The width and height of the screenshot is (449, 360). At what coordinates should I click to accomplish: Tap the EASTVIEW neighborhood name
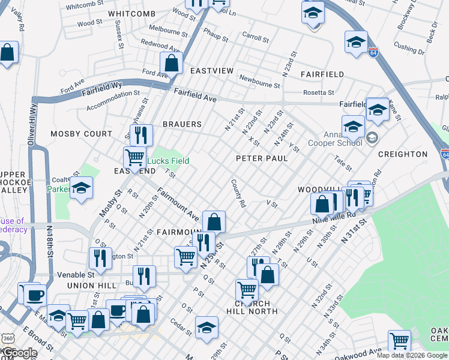click(x=211, y=71)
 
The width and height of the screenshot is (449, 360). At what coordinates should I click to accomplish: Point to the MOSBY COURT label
click(x=81, y=134)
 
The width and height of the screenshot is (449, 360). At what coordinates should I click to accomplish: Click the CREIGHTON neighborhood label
click(x=403, y=154)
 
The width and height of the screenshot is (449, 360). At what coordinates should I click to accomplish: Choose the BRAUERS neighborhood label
click(x=182, y=124)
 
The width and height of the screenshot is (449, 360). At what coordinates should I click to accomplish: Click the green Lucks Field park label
click(x=169, y=161)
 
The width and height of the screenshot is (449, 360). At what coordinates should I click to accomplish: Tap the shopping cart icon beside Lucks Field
click(x=134, y=158)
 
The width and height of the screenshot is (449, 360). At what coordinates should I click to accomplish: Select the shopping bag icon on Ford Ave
click(x=171, y=62)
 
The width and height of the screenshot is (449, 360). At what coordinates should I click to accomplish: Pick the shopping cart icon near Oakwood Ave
click(x=399, y=341)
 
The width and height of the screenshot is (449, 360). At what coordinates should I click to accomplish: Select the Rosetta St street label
click(x=318, y=92)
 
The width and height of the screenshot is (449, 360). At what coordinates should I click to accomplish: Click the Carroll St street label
click(x=255, y=38)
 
